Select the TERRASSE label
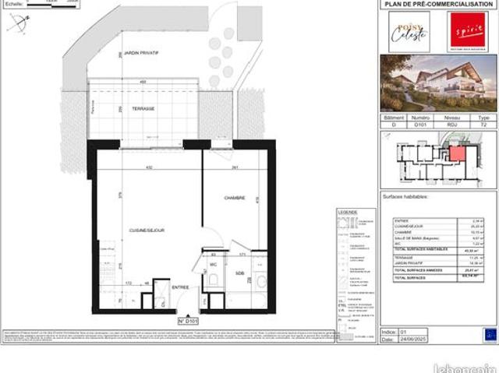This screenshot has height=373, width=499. point(142,109)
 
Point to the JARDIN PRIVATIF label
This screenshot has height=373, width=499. point(142,51)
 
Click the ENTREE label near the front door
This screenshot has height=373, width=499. point(180,287)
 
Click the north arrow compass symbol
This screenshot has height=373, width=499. point(17,25)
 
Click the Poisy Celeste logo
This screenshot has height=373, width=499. point(409,31)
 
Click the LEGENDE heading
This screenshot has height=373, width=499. point(347,212)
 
